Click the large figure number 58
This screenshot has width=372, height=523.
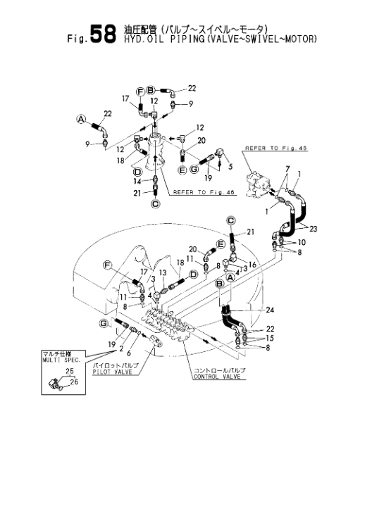[x=103, y=34]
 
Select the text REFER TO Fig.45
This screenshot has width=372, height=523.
[x=276, y=148]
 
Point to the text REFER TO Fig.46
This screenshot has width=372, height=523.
[x=204, y=192]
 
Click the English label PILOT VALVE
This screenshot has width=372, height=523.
[x=112, y=372]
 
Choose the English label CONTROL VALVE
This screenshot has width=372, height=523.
[x=217, y=377]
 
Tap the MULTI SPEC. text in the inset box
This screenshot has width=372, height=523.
[x=61, y=360]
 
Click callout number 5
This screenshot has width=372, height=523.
[x=231, y=166]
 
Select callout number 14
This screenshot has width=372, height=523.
[x=137, y=181]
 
